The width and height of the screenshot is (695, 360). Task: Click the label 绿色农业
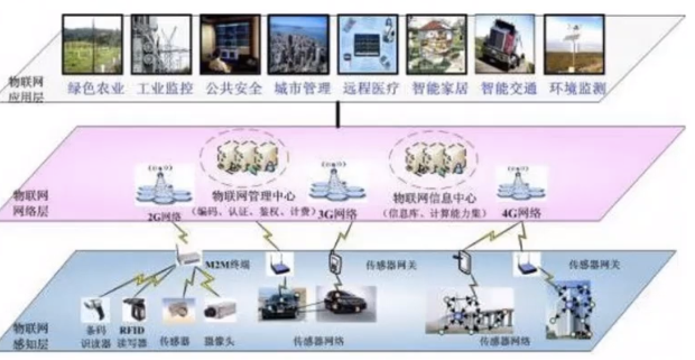(x=95, y=89)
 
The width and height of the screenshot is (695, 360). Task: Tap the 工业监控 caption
(x=165, y=89)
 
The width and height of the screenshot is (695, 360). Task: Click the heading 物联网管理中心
(x=253, y=197)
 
